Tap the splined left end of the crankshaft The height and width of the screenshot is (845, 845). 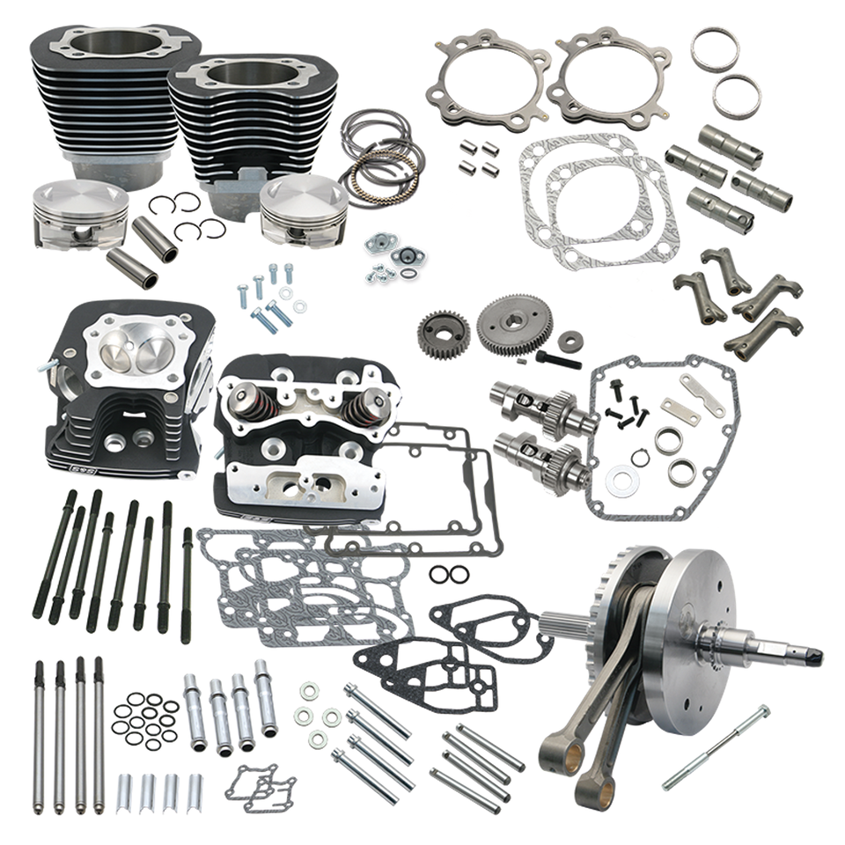click(556, 624)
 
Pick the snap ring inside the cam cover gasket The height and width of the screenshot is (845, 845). click(641, 459)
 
